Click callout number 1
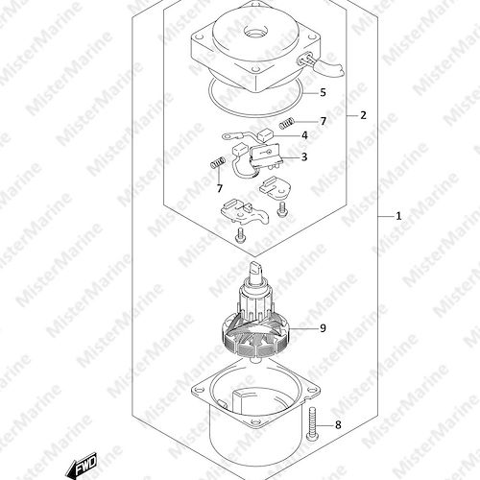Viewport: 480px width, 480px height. click(398, 216)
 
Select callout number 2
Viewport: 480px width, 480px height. click(363, 115)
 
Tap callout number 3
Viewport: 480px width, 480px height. click(304, 156)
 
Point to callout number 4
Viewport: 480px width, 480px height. click(304, 135)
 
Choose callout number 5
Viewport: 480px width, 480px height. click(323, 92)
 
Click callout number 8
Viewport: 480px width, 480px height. click(338, 425)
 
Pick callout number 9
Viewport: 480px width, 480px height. click(323, 328)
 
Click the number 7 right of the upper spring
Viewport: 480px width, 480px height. click(324, 121)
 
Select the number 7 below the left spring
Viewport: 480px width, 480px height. click(220, 188)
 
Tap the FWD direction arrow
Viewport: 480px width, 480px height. click(81, 465)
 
